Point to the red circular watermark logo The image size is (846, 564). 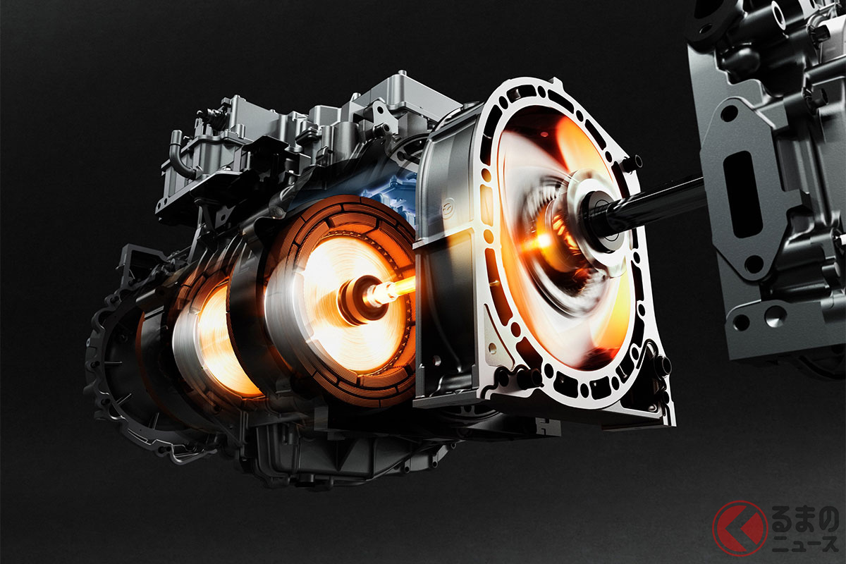click(x=740, y=528)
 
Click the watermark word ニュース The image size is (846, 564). click(x=804, y=544)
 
